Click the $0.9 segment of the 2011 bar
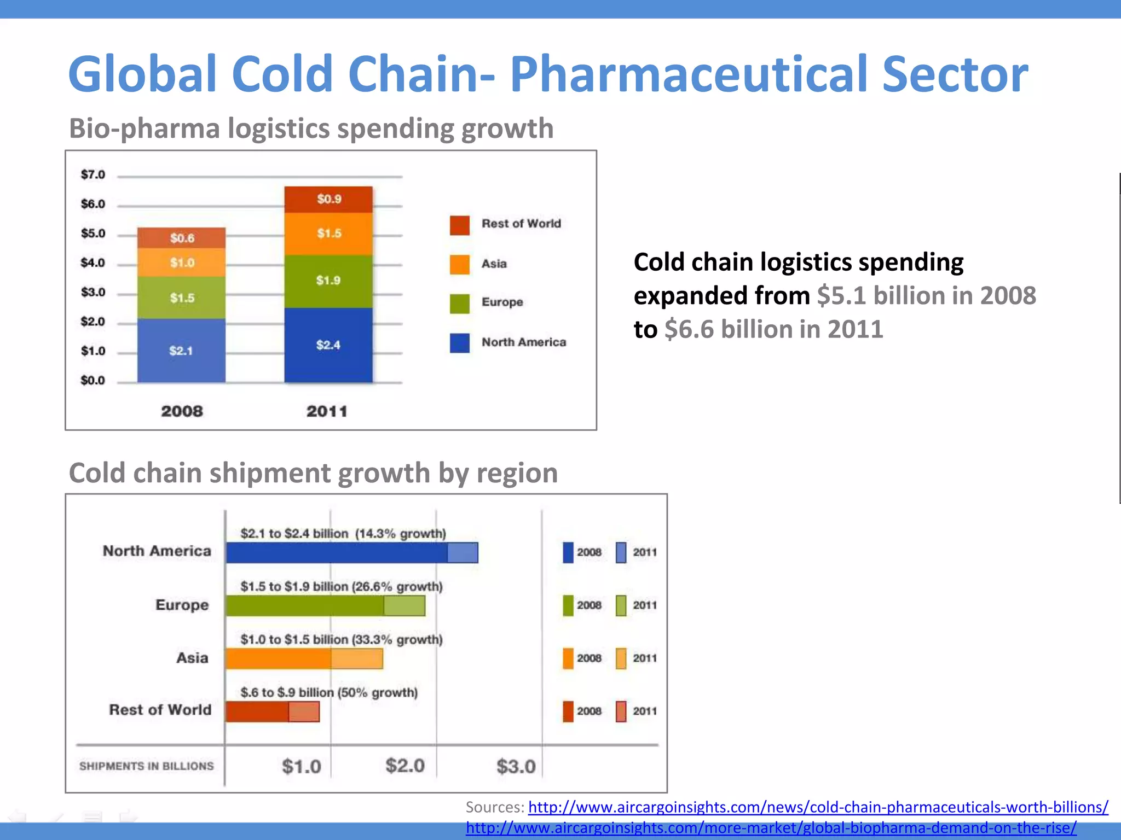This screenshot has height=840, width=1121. pyautogui.click(x=328, y=199)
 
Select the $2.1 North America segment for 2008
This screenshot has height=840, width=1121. pyautogui.click(x=181, y=351)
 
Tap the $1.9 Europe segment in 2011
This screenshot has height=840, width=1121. pyautogui.click(x=328, y=281)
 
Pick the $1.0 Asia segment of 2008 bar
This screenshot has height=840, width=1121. pyautogui.click(x=181, y=262)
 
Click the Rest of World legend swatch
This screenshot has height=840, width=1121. pyautogui.click(x=459, y=225)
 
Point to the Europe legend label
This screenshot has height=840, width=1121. pyautogui.click(x=502, y=302)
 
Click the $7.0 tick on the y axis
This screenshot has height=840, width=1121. pyautogui.click(x=93, y=174)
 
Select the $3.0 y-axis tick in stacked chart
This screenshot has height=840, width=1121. pyautogui.click(x=93, y=292)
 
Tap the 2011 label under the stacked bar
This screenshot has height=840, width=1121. pyautogui.click(x=327, y=411)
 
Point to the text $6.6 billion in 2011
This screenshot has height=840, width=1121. pyautogui.click(x=773, y=329)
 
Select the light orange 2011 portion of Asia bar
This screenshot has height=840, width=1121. pyautogui.click(x=356, y=658)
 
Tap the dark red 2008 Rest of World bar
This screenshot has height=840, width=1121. pyautogui.click(x=257, y=711)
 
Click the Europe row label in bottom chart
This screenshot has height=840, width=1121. pyautogui.click(x=182, y=605)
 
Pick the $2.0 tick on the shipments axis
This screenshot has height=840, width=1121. pyautogui.click(x=405, y=766)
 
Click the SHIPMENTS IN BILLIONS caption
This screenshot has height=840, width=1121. pyautogui.click(x=146, y=766)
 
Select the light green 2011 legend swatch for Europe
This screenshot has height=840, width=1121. pyautogui.click(x=621, y=605)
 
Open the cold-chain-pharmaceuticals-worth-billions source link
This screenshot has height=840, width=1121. pyautogui.click(x=818, y=807)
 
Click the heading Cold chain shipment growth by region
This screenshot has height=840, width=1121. pyautogui.click(x=313, y=473)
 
